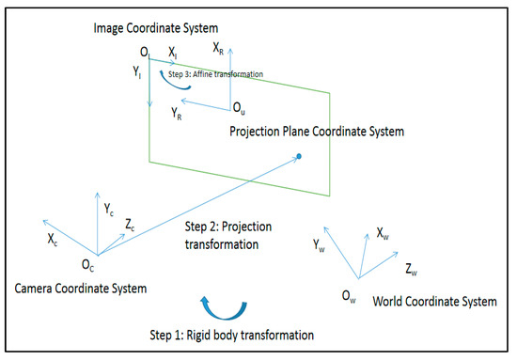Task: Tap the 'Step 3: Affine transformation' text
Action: [x=215, y=72]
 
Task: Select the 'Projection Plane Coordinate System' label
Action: [x=317, y=132]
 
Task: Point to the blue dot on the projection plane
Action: [x=298, y=156]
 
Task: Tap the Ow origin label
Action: [x=349, y=299]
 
